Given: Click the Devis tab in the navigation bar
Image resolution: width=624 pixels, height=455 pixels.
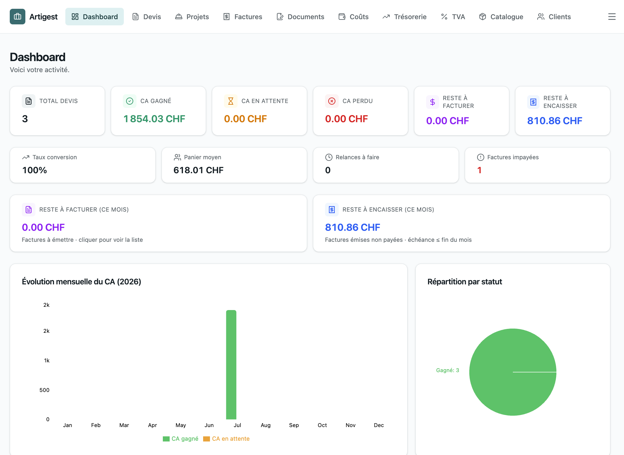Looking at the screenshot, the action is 147,17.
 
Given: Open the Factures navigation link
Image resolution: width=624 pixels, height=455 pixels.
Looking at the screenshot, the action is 243,17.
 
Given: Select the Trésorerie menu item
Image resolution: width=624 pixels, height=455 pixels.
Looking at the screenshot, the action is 405,17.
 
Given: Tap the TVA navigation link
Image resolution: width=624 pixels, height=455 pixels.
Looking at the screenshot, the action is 453,17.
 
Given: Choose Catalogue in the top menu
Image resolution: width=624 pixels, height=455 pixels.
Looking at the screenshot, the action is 501,17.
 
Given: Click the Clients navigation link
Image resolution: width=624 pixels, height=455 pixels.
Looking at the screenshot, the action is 554,17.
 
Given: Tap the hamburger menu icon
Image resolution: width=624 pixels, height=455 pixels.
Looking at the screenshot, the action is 612,17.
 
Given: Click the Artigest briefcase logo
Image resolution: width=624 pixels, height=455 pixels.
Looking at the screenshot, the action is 18,17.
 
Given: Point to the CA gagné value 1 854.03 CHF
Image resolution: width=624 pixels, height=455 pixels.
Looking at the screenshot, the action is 154,119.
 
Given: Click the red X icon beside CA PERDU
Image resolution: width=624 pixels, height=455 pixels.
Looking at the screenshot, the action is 332,101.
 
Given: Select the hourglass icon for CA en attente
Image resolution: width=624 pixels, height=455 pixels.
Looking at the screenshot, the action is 231,101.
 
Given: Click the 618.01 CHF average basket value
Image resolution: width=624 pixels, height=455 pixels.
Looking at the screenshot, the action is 199,170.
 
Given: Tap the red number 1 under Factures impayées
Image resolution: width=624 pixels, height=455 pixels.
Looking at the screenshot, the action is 479,170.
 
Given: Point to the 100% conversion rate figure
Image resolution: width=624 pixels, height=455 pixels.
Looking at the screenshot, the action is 34,170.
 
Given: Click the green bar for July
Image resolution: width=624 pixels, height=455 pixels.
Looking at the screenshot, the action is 231,365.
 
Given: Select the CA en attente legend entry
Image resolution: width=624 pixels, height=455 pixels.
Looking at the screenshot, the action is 227,439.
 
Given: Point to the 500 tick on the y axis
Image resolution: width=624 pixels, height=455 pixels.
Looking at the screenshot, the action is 45,390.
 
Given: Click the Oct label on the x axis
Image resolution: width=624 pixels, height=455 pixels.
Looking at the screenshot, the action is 322,425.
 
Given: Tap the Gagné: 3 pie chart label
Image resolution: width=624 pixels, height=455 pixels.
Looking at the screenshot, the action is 448,370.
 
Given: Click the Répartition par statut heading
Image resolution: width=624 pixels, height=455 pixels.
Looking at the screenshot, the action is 465,282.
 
